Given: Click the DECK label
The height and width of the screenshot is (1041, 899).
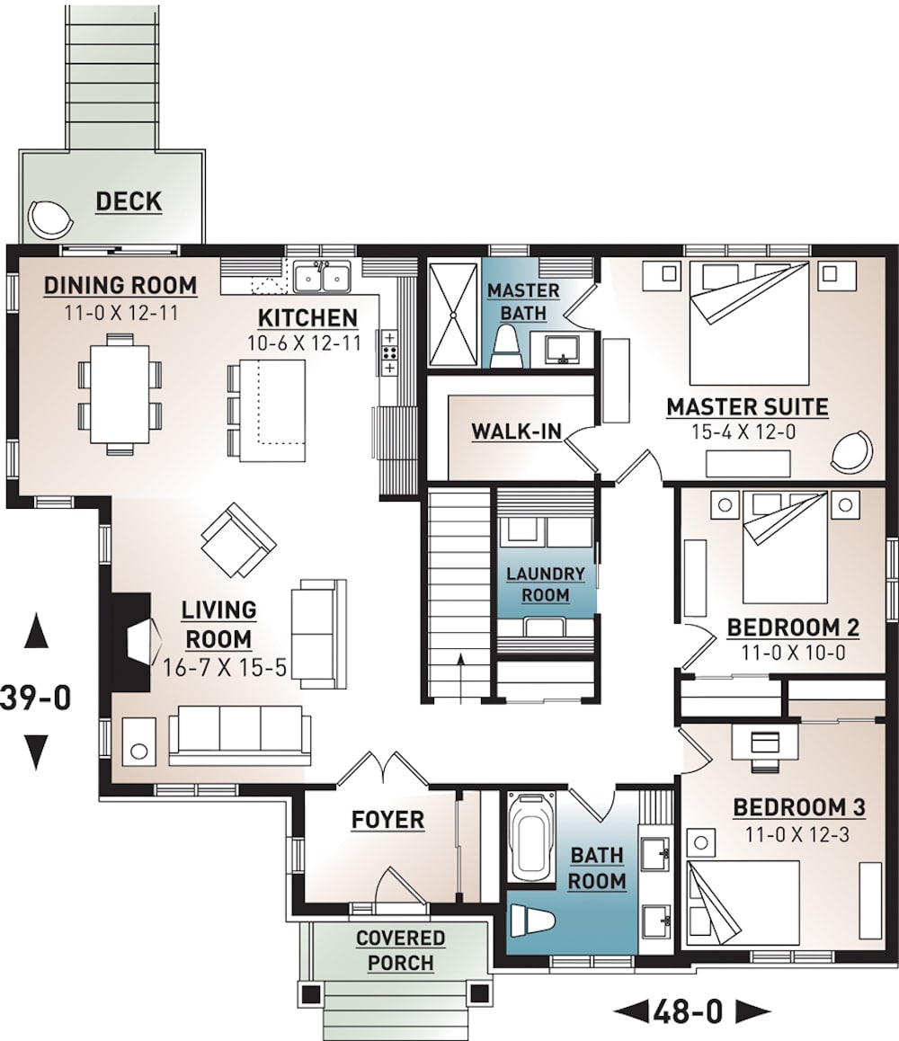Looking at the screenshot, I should [x=129, y=201].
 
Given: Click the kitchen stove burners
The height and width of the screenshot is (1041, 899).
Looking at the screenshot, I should [x=389, y=352].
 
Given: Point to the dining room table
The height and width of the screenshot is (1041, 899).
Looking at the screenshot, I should [x=120, y=392].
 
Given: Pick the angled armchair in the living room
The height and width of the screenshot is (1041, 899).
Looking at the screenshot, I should [x=238, y=538].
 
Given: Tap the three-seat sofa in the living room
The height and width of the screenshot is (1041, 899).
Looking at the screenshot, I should [x=240, y=732].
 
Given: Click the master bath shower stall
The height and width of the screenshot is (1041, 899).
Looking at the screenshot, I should [x=455, y=314].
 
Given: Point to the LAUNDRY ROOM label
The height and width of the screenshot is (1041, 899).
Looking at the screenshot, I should [x=545, y=584].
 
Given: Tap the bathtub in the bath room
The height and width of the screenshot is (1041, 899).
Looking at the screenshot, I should [x=530, y=839].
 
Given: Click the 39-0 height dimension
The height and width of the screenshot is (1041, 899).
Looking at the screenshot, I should [x=35, y=698].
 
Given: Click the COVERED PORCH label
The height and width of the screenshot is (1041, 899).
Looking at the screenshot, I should [x=401, y=950].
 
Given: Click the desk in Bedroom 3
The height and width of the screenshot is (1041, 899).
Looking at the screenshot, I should [x=765, y=743].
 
